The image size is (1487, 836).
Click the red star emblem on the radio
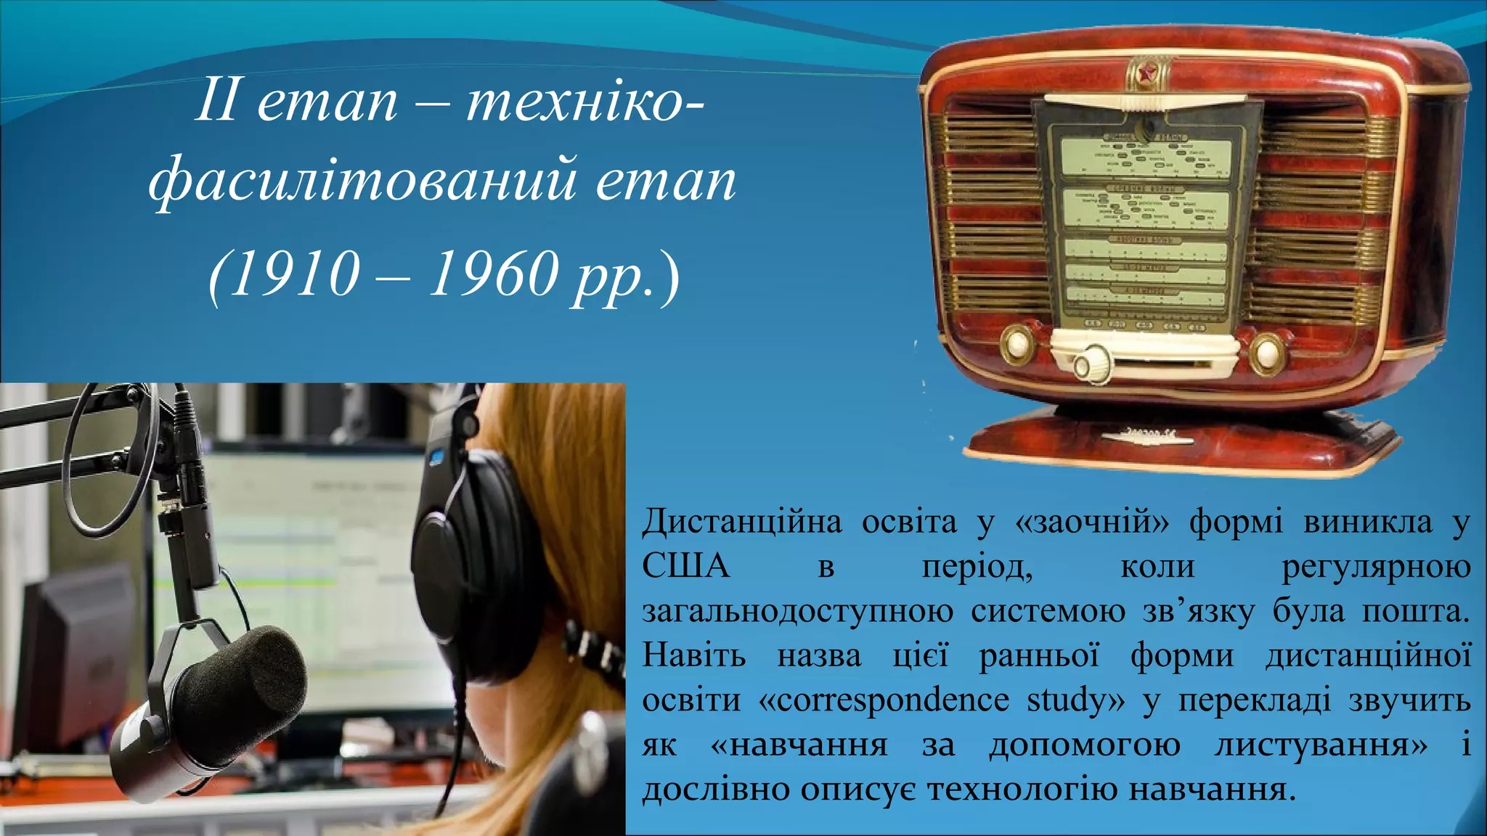1148,72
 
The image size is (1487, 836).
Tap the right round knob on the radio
1267,353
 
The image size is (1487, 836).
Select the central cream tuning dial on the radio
1093,363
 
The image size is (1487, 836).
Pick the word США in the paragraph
685,566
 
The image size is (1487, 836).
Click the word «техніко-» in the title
585,102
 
